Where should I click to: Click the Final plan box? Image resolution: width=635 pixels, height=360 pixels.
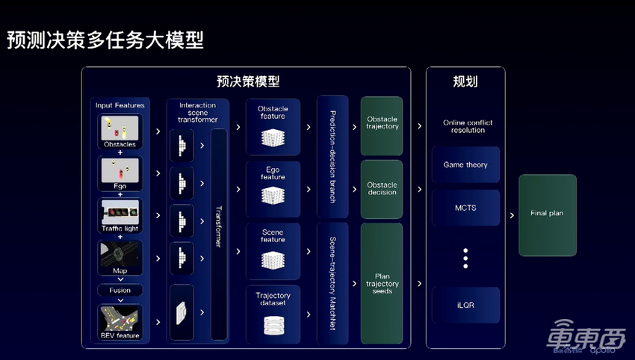coord(548,213)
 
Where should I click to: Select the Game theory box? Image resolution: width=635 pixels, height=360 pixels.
coord(465,165)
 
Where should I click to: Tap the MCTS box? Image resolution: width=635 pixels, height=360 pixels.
coord(465,208)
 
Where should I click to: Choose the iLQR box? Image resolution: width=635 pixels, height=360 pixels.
coord(465,305)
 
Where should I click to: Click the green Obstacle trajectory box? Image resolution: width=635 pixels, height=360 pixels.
coord(382,124)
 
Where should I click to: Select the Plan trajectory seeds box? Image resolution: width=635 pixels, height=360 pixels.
coord(382,284)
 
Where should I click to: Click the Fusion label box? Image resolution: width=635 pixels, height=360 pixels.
coord(120,290)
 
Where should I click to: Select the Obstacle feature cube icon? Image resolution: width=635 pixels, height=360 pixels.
coord(273,137)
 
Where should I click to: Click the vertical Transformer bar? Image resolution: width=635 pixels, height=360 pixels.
coord(219,232)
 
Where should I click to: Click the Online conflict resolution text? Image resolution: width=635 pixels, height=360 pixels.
coord(468,126)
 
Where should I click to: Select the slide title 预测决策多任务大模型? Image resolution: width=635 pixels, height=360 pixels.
coord(105,40)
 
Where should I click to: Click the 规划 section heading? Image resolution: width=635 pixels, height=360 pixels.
coord(465,81)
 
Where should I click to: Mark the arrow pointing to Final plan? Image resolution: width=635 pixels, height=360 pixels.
coord(511,215)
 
